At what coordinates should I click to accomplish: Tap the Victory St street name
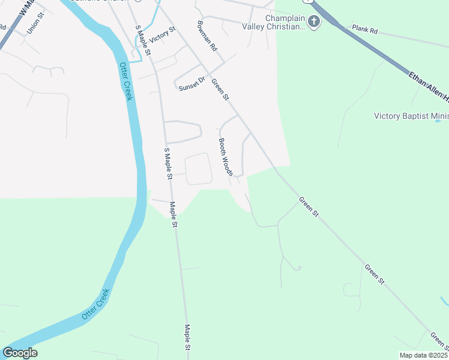click(163, 34)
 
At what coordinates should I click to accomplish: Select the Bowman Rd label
click(206, 36)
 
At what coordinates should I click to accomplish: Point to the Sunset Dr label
click(192, 83)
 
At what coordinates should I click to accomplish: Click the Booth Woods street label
click(225, 157)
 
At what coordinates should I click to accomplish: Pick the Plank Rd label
click(364, 28)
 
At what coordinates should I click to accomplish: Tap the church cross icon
click(315, 22)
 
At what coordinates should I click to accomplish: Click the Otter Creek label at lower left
click(96, 304)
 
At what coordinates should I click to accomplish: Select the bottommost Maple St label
click(187, 337)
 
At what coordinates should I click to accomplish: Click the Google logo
click(20, 353)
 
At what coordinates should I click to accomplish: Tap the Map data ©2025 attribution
click(423, 355)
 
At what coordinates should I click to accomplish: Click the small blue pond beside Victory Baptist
click(438, 121)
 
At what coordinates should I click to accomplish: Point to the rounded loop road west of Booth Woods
click(199, 169)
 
